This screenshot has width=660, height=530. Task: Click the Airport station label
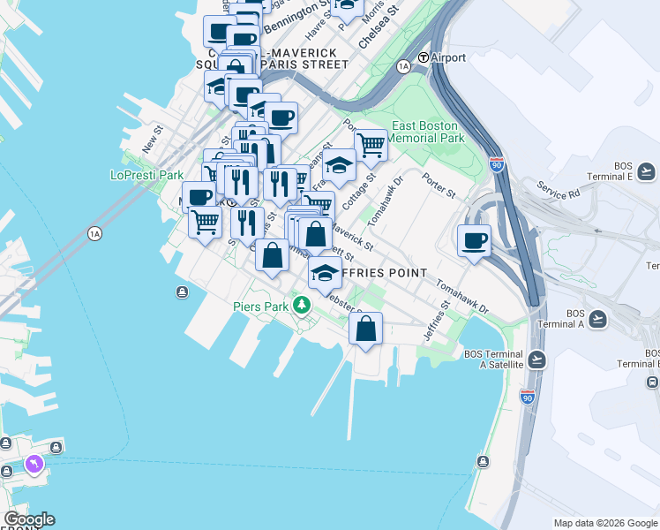pyautogui.click(x=448, y=57)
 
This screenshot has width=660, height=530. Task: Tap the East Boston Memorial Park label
pyautogui.click(x=427, y=132)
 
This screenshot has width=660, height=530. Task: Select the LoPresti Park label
pyautogui.click(x=146, y=175)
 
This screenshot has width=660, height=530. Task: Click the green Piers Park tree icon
pyautogui.click(x=303, y=306)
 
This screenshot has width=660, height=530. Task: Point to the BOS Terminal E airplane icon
pyautogui.click(x=647, y=171)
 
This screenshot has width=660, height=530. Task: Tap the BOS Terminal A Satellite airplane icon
pyautogui.click(x=537, y=359)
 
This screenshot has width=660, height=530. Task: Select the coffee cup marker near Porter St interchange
pyautogui.click(x=474, y=239)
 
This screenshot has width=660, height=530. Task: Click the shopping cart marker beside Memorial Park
pyautogui.click(x=371, y=143)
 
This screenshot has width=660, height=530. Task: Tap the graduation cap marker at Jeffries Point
pyautogui.click(x=325, y=272)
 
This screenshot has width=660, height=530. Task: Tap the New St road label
pyautogui.click(x=153, y=138)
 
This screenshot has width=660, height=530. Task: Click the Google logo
pyautogui.click(x=28, y=519)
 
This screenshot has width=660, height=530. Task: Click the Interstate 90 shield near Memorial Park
pyautogui.click(x=498, y=164)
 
